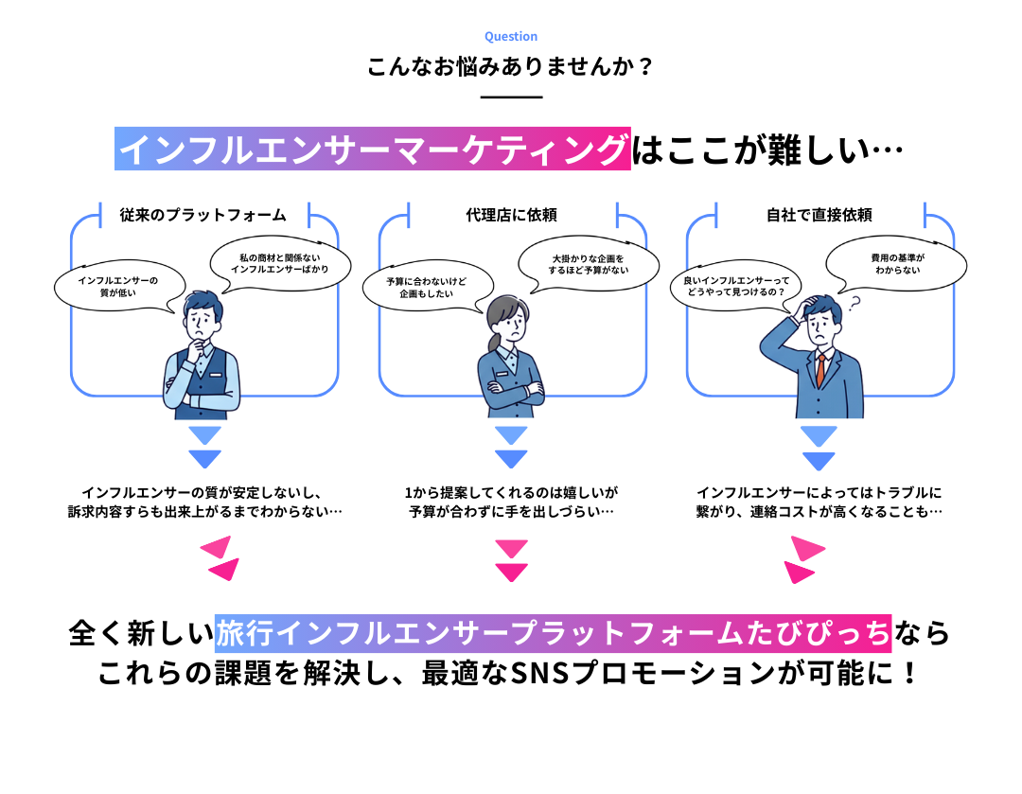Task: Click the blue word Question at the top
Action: point(510,37)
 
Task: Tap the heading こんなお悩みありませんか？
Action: point(510,66)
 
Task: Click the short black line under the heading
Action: point(511,97)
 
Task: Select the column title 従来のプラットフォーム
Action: point(203,215)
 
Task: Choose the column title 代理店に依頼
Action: point(511,215)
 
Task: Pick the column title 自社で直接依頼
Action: point(819,215)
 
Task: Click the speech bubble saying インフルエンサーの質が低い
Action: point(118,287)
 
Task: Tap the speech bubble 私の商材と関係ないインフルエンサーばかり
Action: point(279,263)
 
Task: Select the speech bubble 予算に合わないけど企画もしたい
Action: point(426,288)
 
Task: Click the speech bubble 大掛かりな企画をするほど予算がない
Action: point(588,264)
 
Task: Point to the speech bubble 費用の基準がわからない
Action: point(897,264)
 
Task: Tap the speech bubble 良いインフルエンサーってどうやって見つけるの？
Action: point(736,286)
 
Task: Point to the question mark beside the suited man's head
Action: point(854,304)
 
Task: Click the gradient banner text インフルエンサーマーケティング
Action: point(373,149)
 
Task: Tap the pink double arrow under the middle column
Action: point(512,560)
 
